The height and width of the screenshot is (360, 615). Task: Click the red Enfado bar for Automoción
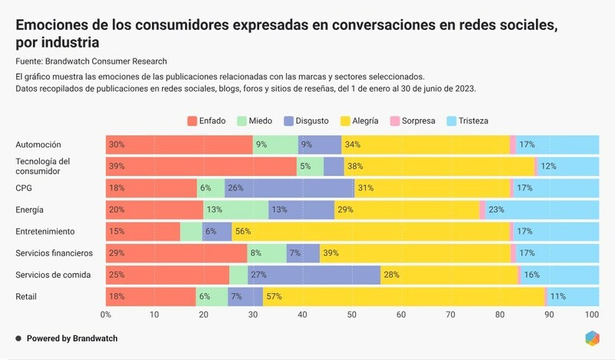click(179, 145)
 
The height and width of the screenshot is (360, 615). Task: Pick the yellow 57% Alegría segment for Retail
click(404, 296)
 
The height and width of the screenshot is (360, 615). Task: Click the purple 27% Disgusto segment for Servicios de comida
click(314, 275)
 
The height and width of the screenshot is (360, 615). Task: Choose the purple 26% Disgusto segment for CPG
click(289, 188)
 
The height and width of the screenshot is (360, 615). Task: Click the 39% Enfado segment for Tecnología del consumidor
click(201, 166)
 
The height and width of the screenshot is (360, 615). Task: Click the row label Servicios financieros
click(54, 253)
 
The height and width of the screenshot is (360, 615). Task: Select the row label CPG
click(24, 188)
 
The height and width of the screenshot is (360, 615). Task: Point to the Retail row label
click(27, 296)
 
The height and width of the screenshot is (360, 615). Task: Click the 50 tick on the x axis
click(351, 314)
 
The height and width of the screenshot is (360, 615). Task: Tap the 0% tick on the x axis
click(106, 314)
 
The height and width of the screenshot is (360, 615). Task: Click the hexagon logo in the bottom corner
click(591, 338)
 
